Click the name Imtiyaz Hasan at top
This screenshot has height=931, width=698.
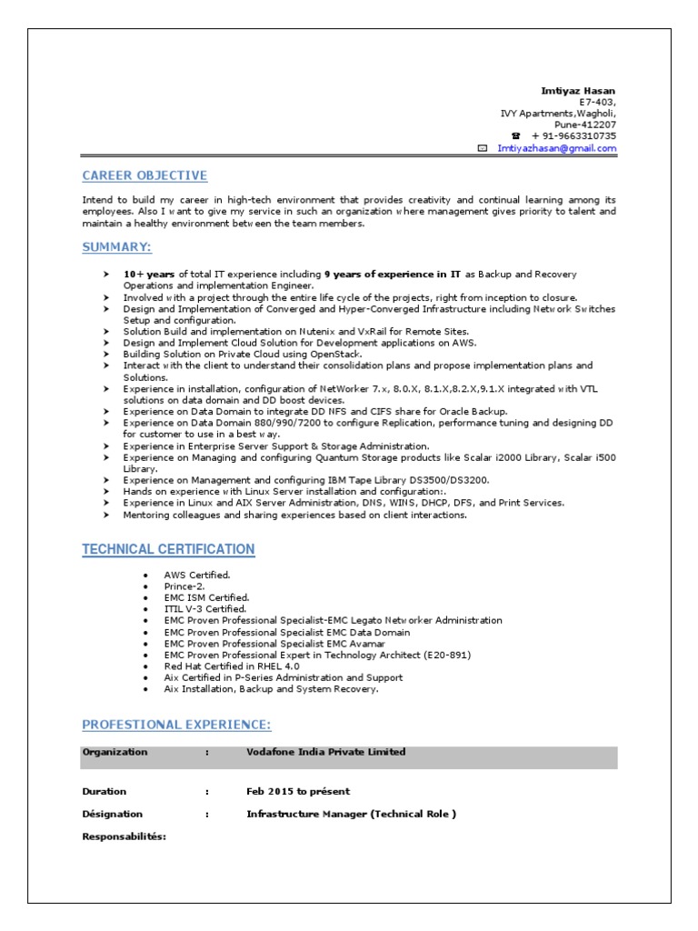[x=578, y=91]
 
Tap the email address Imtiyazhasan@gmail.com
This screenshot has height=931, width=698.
[x=556, y=148]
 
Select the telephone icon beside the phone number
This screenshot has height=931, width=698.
[x=515, y=136]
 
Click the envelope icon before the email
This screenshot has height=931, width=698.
[x=482, y=148]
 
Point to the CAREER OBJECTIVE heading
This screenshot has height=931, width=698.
[x=145, y=175]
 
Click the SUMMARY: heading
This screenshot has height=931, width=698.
[x=116, y=247]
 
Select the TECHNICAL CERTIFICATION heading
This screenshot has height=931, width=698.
[x=168, y=549]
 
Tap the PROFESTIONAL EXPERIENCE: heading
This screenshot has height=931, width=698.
[x=176, y=725]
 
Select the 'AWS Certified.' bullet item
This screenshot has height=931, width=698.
[x=197, y=576]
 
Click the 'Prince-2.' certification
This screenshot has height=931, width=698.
[x=184, y=586]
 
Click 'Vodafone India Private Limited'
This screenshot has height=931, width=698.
[x=325, y=752]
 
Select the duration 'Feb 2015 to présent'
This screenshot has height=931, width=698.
[x=298, y=791]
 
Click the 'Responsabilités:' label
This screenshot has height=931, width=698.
[x=124, y=836]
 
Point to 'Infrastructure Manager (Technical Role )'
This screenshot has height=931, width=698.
[x=351, y=814]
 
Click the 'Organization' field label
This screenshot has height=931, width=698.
[x=115, y=752]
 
